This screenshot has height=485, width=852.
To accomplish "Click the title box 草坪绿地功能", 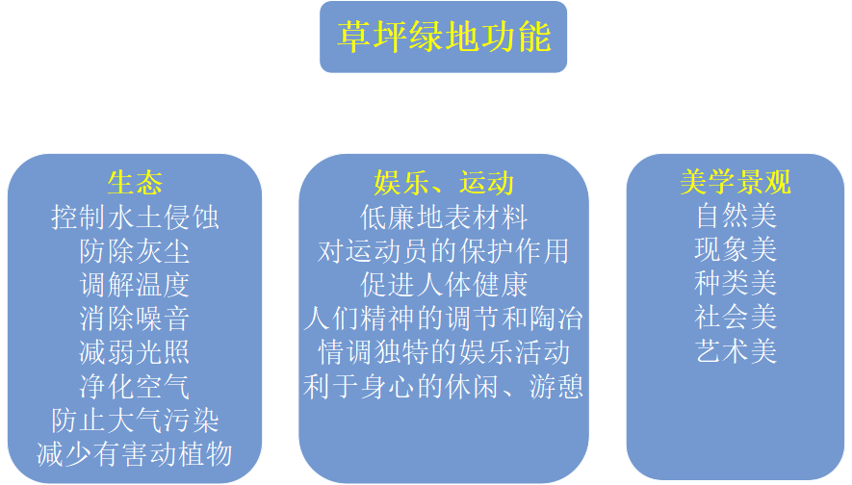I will tap(444, 38).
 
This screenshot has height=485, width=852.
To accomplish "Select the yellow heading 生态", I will tap(135, 183).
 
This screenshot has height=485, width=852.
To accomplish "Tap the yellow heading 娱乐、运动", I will tap(443, 183).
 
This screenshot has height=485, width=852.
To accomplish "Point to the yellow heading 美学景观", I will tap(736, 183).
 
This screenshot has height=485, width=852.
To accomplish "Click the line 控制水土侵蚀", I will tap(135, 217).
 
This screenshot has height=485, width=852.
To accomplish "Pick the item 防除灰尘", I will tap(135, 251).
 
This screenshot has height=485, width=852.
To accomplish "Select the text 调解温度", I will tap(135, 285).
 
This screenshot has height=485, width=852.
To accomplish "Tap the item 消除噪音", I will tap(135, 318).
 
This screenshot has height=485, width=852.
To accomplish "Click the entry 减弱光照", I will tap(135, 351).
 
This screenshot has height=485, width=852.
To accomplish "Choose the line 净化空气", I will tap(135, 386).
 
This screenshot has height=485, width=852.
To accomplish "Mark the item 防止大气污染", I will tap(135, 420).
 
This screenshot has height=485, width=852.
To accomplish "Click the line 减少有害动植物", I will tap(135, 452).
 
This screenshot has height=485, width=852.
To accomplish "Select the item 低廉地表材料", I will tap(443, 217).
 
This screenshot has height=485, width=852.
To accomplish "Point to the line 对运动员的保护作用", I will tap(443, 251).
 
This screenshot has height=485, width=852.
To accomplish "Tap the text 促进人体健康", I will tap(443, 285).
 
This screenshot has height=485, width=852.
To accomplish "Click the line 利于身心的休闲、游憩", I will tap(443, 386).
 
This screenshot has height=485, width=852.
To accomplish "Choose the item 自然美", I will tap(736, 216).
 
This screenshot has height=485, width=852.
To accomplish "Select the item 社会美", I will tap(736, 317).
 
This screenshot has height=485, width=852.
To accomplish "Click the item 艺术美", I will tap(736, 351).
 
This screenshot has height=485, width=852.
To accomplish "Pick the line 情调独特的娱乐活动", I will tap(443, 351).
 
